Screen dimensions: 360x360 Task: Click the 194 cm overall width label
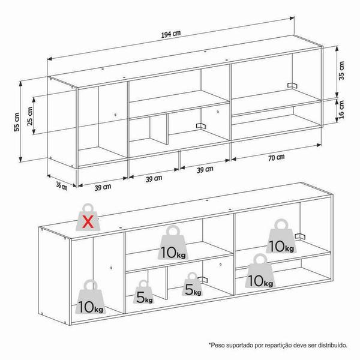point(171,34)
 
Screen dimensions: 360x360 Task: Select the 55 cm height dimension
point(17,122)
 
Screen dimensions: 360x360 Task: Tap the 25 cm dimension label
point(30,116)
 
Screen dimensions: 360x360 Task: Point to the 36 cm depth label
point(62,185)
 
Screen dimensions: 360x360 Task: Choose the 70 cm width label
point(277,158)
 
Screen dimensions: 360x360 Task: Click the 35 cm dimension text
point(341,70)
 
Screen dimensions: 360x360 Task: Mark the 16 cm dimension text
point(341,110)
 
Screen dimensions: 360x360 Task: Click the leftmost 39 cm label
point(103,187)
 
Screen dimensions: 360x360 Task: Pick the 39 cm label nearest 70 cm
point(205,170)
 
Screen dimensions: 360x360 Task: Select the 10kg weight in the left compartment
point(91,297)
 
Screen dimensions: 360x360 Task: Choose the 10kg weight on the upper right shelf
point(281,236)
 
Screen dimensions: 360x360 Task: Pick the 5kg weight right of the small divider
point(193,284)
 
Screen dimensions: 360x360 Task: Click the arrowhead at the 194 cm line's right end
point(292,18)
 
